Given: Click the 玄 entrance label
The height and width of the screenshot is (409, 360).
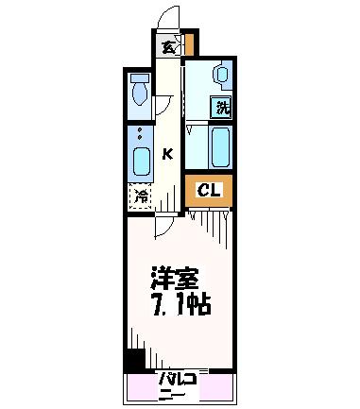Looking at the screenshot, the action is [x=167, y=47].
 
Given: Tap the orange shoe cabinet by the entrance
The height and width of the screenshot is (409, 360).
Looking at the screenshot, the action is [x=189, y=44].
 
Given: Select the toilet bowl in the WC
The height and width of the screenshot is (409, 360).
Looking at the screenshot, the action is [x=140, y=94].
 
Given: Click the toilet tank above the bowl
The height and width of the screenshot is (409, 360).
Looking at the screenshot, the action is [x=140, y=78].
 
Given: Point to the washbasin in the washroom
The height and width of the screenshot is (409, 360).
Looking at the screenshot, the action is [x=223, y=75].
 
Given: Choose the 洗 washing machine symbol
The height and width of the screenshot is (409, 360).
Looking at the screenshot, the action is [x=221, y=107].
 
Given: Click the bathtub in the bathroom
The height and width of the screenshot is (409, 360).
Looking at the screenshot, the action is [x=220, y=146].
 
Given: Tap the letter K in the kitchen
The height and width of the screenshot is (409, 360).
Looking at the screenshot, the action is [x=168, y=154].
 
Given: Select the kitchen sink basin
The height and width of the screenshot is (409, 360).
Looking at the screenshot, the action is [x=141, y=162].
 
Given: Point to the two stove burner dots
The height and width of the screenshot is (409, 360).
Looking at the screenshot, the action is [x=140, y=134].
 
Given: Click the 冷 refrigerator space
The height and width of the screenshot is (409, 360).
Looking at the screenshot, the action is [x=141, y=196].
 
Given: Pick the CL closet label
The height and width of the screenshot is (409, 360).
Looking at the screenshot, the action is [x=209, y=190].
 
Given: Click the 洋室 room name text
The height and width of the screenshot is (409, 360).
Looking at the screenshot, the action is [x=175, y=279].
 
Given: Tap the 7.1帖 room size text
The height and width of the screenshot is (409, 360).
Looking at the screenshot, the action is [x=181, y=305].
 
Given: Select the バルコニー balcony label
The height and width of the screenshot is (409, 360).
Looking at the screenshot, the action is [x=178, y=387].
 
